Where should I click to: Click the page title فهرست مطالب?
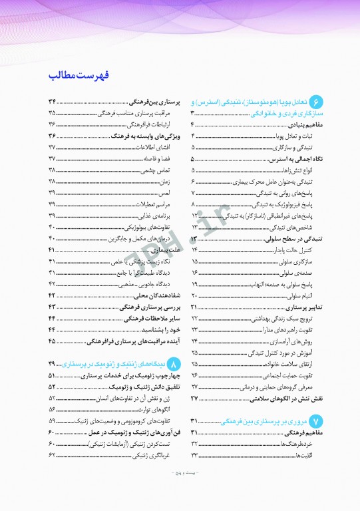pyautogui.click(x=79, y=75)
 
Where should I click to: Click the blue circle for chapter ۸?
pyautogui.click(x=174, y=365)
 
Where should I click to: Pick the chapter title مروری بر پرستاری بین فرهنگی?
pyautogui.click(x=273, y=421)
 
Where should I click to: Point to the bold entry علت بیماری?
pyautogui.click(x=154, y=250)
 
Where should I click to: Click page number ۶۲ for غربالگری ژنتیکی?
pyautogui.click(x=52, y=455)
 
